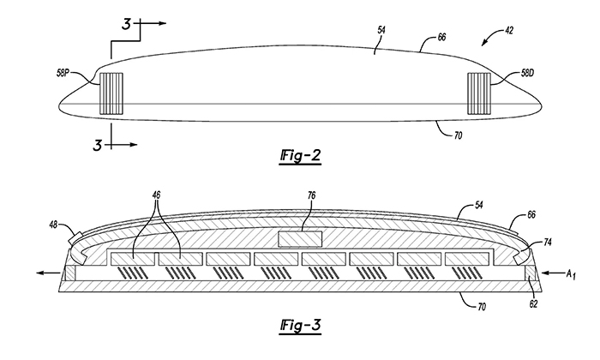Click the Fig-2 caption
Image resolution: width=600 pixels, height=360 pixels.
pos(300,156)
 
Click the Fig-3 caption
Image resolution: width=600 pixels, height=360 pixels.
pos(300,326)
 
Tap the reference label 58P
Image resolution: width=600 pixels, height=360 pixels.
pos(63,73)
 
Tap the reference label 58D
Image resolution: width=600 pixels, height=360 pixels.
pos(527,73)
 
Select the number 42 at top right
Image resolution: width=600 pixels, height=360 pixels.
pos(509,31)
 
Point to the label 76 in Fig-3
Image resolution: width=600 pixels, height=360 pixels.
pos(311,196)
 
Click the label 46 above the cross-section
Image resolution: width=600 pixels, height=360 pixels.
pos(156,195)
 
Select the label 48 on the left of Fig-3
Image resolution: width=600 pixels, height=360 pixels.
pos(53,225)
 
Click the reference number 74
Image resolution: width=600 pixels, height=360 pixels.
pos(548,243)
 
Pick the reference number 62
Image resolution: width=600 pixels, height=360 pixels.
pos(533,304)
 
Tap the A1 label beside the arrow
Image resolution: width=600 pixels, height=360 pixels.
pos(571,273)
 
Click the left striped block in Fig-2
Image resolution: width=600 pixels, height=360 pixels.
pos(111,93)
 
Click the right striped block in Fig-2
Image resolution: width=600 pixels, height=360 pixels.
pos(479,93)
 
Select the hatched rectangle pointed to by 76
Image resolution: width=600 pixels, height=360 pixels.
pos(300,239)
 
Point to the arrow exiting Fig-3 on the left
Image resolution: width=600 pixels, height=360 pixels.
pos(48,273)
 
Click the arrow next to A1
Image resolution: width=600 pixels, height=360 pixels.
pos(552,273)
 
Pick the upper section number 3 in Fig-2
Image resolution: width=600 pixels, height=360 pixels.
pos(126,24)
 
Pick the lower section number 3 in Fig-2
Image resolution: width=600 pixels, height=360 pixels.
pos(98,146)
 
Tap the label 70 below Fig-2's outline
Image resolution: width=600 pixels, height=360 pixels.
pos(458,135)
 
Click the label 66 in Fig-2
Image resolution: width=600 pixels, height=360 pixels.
pos(441,38)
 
